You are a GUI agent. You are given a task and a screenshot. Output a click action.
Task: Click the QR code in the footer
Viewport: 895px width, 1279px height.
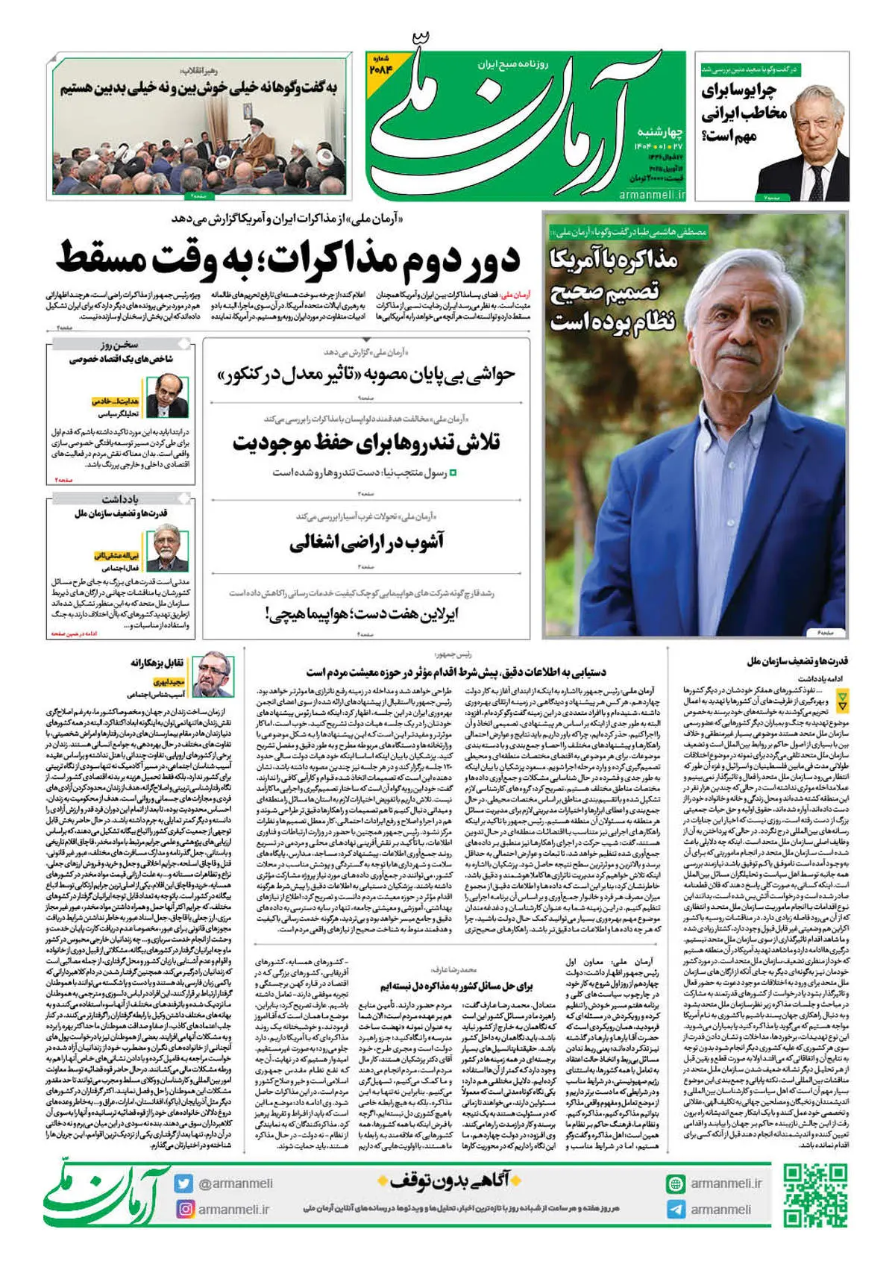pyautogui.click(x=816, y=1195)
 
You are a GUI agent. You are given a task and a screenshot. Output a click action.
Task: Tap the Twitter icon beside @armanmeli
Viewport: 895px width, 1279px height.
pyautogui.click(x=183, y=1183)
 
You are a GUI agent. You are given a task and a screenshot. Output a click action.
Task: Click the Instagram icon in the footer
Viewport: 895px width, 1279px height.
pyautogui.click(x=183, y=1209)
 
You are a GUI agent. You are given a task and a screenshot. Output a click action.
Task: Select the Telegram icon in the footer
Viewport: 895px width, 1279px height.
pyautogui.click(x=676, y=1209)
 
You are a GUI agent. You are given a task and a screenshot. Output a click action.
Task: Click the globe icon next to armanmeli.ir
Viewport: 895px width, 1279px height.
pyautogui.click(x=676, y=1183)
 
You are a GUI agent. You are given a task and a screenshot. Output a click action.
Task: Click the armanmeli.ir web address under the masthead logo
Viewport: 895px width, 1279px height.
pyautogui.click(x=651, y=194)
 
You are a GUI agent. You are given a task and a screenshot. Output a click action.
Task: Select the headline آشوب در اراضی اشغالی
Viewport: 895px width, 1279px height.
pyautogui.click(x=366, y=542)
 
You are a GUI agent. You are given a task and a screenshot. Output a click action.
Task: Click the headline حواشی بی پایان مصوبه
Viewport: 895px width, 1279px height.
pyautogui.click(x=366, y=375)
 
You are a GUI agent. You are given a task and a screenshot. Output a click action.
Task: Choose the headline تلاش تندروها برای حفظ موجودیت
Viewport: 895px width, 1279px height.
pyautogui.click(x=366, y=443)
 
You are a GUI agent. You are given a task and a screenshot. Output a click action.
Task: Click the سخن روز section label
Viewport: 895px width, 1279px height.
pyautogui.click(x=119, y=345)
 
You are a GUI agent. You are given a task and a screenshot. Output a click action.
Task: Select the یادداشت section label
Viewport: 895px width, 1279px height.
pyautogui.click(x=119, y=498)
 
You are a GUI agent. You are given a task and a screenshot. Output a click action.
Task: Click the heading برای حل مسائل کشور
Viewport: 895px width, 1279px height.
pyautogui.click(x=456, y=985)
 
